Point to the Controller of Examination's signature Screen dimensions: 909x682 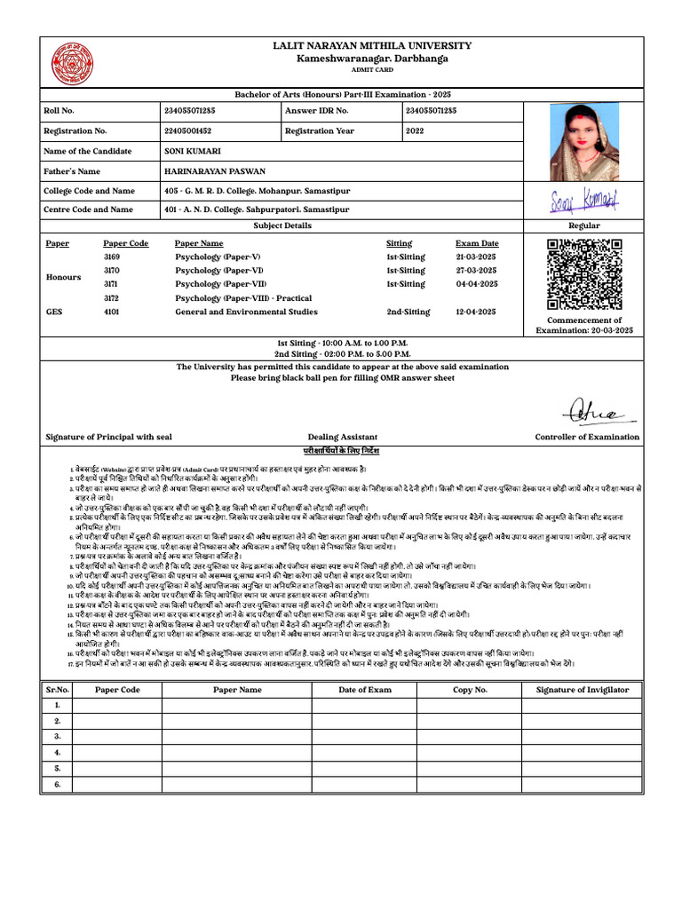(x=598, y=411)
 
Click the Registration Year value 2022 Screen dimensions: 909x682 (x=415, y=130)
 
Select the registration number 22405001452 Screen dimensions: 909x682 (x=189, y=130)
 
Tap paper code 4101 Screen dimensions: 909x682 (x=112, y=312)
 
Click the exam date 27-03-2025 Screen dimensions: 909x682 (x=477, y=271)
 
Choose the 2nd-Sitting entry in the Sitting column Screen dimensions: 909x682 (x=408, y=312)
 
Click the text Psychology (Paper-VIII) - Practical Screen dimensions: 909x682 (x=243, y=298)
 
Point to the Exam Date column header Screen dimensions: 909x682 (x=477, y=243)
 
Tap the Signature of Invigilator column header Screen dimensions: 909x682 (x=583, y=690)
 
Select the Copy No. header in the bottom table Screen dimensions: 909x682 (x=470, y=690)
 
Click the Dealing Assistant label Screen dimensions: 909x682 (x=343, y=437)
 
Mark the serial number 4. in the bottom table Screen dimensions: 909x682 (x=56, y=753)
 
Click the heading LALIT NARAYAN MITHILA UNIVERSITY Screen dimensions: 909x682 (x=372, y=46)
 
